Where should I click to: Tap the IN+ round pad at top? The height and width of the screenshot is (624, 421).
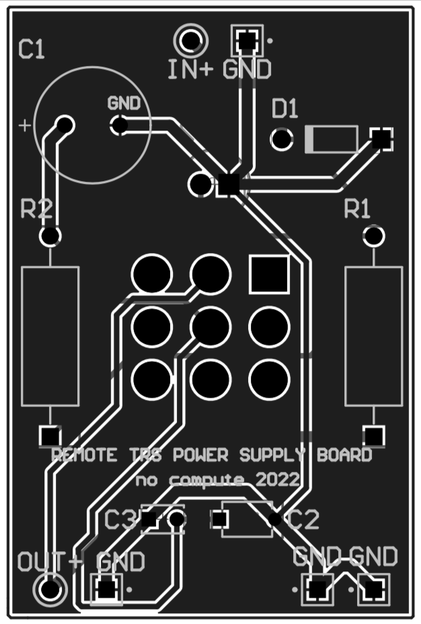click(x=191, y=41)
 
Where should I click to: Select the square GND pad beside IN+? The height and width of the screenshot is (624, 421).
click(x=247, y=41)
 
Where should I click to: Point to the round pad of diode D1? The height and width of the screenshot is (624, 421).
click(x=282, y=139)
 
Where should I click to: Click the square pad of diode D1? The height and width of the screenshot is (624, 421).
click(x=382, y=139)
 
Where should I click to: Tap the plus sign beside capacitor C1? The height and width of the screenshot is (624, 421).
click(x=25, y=125)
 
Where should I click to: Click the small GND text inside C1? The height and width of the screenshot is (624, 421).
click(x=124, y=104)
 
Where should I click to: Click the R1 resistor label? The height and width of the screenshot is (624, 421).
click(x=357, y=209)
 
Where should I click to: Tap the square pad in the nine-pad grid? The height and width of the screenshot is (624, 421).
click(x=269, y=274)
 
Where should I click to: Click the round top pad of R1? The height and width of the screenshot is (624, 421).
click(x=373, y=236)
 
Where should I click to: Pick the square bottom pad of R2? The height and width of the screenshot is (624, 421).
click(x=49, y=435)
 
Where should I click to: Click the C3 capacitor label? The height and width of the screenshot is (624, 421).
click(x=120, y=520)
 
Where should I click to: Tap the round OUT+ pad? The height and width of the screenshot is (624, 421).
click(x=50, y=590)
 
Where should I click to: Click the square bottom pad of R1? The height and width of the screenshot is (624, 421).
click(x=373, y=435)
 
